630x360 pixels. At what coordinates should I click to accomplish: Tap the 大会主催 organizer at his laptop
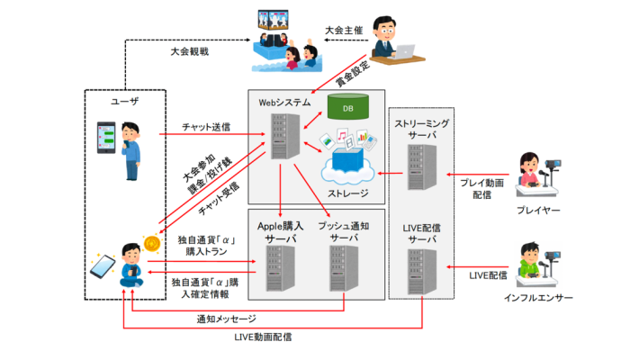click(388, 40)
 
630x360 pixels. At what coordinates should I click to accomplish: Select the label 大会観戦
click(190, 53)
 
